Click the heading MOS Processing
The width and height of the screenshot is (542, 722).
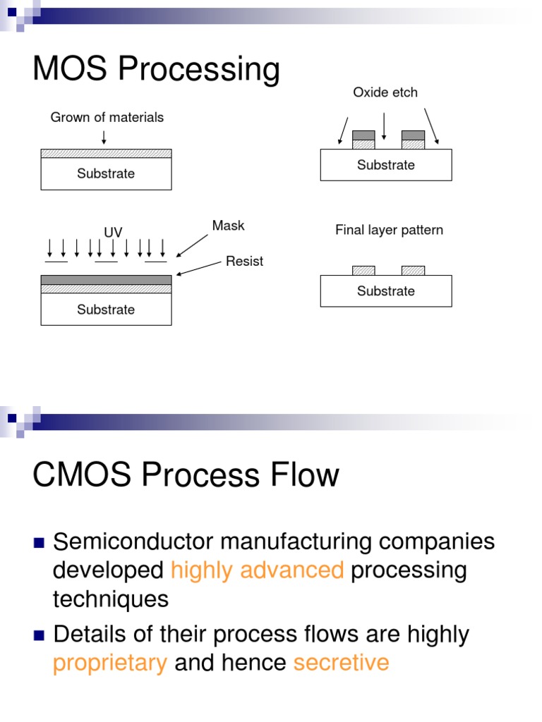pyautogui.click(x=156, y=71)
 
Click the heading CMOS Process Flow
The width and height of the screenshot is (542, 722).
pyautogui.click(x=186, y=475)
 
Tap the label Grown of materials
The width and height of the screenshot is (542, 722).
pyautogui.click(x=107, y=118)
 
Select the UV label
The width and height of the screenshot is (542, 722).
pyautogui.click(x=113, y=232)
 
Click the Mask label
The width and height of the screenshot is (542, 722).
pyautogui.click(x=228, y=226)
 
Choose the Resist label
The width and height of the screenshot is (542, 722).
pyautogui.click(x=244, y=262)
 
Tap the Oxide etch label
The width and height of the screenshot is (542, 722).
pyautogui.click(x=385, y=92)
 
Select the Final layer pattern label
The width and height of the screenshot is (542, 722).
pyautogui.click(x=389, y=231)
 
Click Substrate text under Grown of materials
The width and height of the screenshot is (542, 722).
pyautogui.click(x=106, y=173)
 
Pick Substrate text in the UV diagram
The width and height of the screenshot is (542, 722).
pyautogui.click(x=106, y=310)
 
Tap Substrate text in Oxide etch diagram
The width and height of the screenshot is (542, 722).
pyautogui.click(x=386, y=165)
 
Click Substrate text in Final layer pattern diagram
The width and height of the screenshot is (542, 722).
pyautogui.click(x=386, y=291)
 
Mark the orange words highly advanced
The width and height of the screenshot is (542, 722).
pyautogui.click(x=257, y=570)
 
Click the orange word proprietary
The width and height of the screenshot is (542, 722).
pyautogui.click(x=110, y=663)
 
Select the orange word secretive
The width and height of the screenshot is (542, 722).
pyautogui.click(x=341, y=663)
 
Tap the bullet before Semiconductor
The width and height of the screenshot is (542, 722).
pyautogui.click(x=40, y=543)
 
